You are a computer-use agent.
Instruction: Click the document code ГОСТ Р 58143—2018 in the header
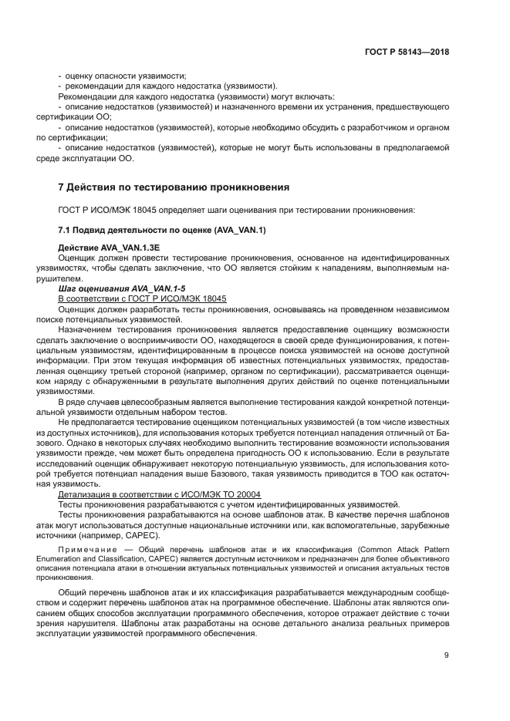(x=407, y=52)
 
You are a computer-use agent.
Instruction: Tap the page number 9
(x=446, y=655)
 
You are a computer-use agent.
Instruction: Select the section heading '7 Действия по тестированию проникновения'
(x=174, y=187)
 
